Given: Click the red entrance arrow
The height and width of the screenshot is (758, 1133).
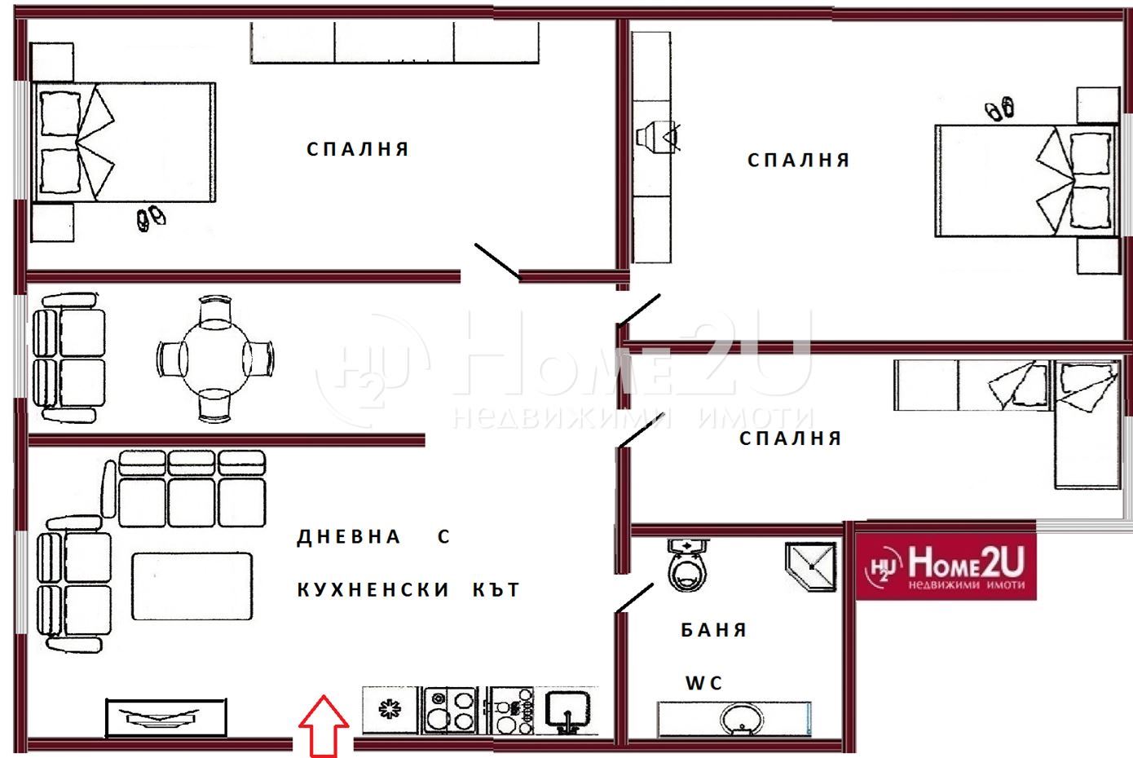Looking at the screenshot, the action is tap(324, 726).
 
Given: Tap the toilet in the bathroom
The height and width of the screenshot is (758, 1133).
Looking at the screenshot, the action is tap(687, 565).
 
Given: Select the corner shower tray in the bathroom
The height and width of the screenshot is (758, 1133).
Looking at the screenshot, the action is tap(811, 566).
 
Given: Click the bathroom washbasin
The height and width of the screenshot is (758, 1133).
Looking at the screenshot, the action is tap(742, 719).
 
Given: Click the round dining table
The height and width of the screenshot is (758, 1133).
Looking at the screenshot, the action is tap(215, 359).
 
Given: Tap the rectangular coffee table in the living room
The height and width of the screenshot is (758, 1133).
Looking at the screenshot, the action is tap(192, 586).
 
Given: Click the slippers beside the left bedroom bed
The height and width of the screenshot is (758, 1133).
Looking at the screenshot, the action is tap(151, 218).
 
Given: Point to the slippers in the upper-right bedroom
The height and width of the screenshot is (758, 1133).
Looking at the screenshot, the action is tap(999, 108).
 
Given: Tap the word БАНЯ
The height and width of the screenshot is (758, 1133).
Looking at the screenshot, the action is tap(714, 630).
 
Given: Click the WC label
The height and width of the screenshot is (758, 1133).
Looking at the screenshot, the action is tap(703, 683).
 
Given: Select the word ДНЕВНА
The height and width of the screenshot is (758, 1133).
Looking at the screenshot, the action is tap(349, 536).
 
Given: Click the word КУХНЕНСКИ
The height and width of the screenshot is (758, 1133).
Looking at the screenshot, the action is tap(373, 589).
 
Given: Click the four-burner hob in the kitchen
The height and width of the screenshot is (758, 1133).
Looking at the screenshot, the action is tap(450, 711).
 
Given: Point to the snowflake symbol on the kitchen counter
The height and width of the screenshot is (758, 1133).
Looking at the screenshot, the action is tap(390, 709).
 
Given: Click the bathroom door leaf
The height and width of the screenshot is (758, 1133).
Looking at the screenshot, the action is tap(634, 598).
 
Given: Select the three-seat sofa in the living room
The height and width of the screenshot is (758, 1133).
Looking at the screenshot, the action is tap(192, 488).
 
